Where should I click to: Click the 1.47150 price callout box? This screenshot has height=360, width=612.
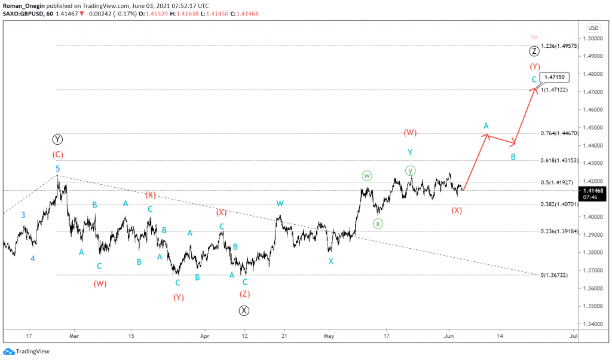[x=554, y=78]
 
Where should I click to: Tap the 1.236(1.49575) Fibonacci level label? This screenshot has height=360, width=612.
[x=559, y=46]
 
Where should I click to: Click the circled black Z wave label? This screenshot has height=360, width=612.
[x=534, y=51]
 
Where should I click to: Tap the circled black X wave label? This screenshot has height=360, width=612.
[x=244, y=310]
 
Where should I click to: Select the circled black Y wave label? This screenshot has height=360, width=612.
[x=57, y=140]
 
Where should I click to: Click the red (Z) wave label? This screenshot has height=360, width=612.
[x=244, y=294]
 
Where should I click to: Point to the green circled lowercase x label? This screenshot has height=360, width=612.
[x=378, y=224]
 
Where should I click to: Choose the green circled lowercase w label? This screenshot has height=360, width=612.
[x=367, y=176]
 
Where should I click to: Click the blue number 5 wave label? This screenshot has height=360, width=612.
[x=58, y=169]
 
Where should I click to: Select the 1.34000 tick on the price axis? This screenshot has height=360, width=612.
[x=593, y=324]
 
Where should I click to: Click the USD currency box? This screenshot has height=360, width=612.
[x=593, y=28]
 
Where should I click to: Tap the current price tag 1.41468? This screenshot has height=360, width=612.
[x=593, y=190]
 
